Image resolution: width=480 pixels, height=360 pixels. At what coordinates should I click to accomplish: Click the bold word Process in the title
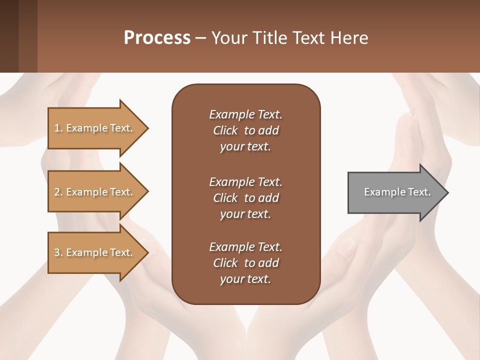(x=157, y=38)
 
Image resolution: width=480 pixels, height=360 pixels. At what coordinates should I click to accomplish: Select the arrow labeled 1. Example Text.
(x=95, y=128)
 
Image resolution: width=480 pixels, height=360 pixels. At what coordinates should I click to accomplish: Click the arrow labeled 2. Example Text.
(x=95, y=192)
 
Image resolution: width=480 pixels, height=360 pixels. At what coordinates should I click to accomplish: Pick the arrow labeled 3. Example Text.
(x=95, y=252)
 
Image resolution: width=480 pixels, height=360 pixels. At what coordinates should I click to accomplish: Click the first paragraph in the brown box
(x=245, y=130)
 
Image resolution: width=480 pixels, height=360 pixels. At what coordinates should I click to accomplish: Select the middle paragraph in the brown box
(x=245, y=198)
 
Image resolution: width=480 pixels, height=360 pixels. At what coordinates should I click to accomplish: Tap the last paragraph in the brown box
(x=245, y=263)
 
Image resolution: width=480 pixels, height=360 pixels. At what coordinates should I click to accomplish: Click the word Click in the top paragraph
(x=225, y=130)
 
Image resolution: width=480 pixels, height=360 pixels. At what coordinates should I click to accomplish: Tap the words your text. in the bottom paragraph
(x=245, y=279)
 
